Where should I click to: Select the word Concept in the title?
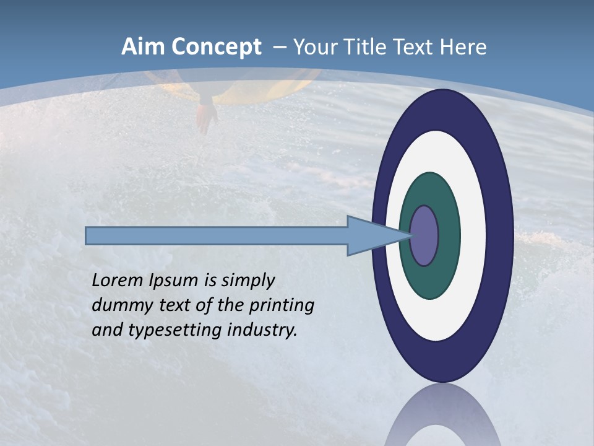(217, 48)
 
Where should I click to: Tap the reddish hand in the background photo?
(206, 118)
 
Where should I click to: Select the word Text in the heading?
(416, 47)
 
